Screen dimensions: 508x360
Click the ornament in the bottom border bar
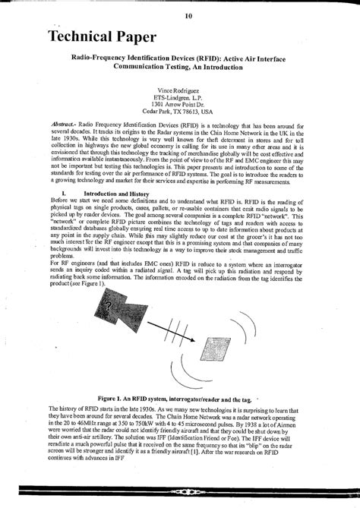coord(180,494)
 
